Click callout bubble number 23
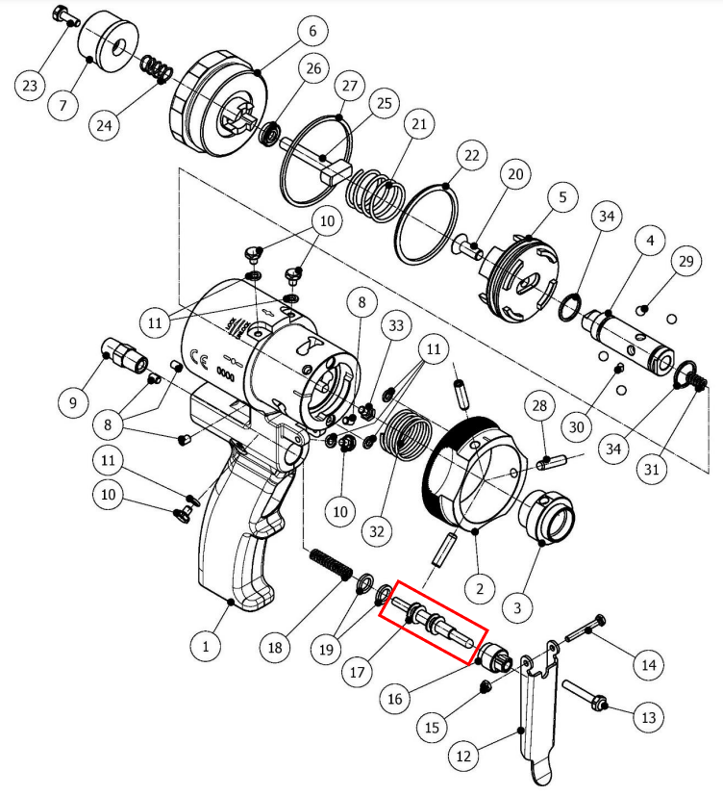(x=30, y=85)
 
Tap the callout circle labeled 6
(x=312, y=31)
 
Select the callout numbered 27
(x=349, y=86)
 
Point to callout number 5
(x=562, y=197)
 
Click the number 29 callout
(x=686, y=261)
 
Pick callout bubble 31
(x=651, y=469)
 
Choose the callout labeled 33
(x=396, y=325)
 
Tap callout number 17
(x=357, y=672)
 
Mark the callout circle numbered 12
(x=463, y=757)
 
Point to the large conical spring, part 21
(x=376, y=195)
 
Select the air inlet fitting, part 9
(x=125, y=354)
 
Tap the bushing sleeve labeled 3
(x=545, y=517)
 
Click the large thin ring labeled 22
(x=427, y=224)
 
